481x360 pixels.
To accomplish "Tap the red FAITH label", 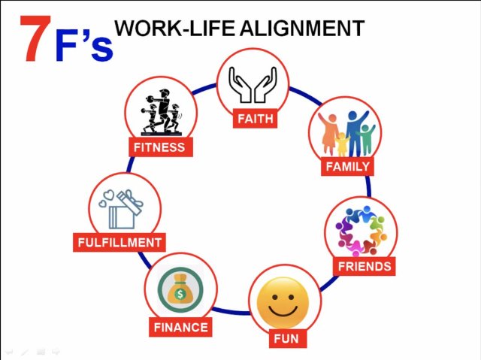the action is pos(256,119).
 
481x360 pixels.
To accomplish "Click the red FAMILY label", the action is pos(347,167).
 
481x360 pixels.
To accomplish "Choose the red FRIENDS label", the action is pos(365,266).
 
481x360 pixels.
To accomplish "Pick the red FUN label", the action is pos(286,338).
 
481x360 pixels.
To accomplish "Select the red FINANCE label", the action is pos(180,328).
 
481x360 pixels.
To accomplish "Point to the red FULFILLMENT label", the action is pos(120,243).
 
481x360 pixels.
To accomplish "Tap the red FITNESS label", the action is pos(159,147).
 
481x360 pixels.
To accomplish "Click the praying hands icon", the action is pos(253,86).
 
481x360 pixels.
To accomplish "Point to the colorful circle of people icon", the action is pos(361,230).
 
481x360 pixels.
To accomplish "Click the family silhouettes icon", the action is pos(346,134).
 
